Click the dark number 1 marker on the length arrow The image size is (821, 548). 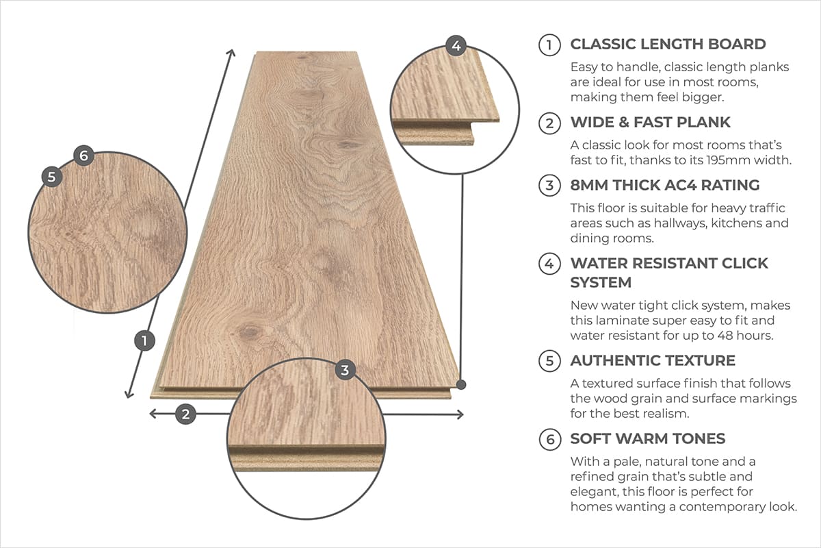click(x=144, y=340)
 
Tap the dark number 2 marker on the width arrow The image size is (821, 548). click(x=185, y=414)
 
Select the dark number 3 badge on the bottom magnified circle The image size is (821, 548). click(x=345, y=371)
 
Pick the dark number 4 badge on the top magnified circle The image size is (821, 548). click(x=456, y=47)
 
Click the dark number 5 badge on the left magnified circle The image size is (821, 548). click(x=52, y=176)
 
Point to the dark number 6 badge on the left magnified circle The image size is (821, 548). click(x=83, y=155)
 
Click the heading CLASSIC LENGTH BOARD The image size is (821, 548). click(x=668, y=45)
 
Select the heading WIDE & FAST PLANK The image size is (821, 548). click(x=650, y=123)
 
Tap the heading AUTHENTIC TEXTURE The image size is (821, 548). click(x=653, y=360)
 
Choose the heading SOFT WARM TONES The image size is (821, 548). click(x=647, y=439)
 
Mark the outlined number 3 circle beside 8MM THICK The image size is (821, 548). click(x=549, y=185)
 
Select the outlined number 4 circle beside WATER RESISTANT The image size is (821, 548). click(x=549, y=264)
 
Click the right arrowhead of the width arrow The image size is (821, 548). click(x=460, y=414)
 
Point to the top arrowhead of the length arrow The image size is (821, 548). click(x=232, y=53)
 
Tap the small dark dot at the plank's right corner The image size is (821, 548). click(x=461, y=385)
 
